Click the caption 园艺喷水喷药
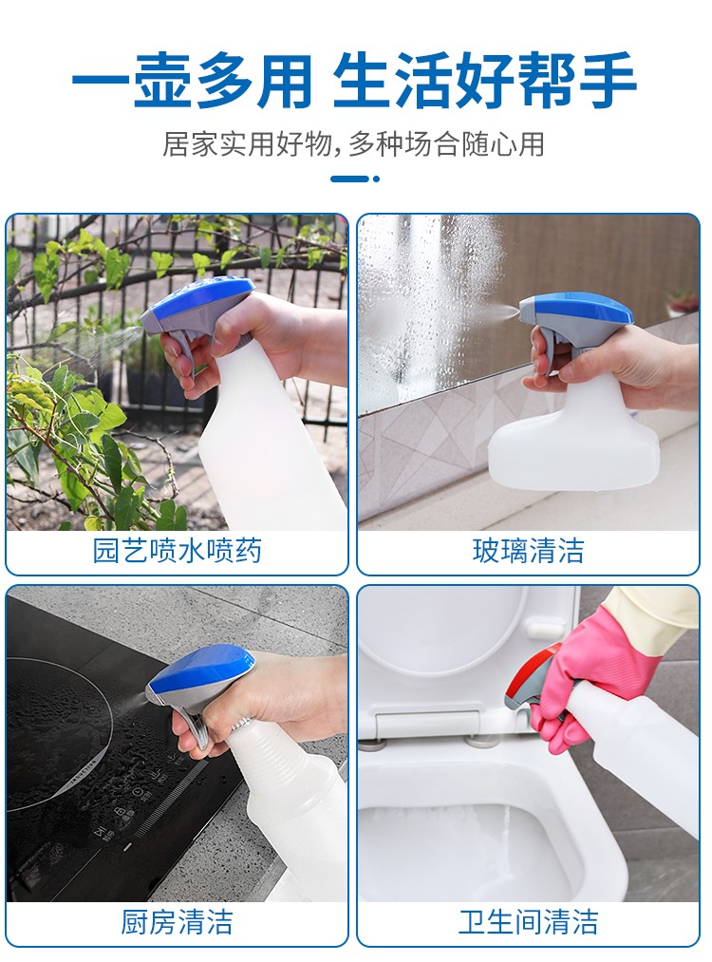tap(178, 551)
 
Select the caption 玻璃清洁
tap(528, 551)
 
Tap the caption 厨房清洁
tap(178, 922)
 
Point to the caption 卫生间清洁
tap(528, 922)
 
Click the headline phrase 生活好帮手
tap(484, 81)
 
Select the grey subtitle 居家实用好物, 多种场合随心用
tap(353, 144)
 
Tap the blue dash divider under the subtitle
tap(355, 179)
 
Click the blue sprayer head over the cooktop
tap(199, 675)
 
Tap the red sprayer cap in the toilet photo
tap(533, 669)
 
